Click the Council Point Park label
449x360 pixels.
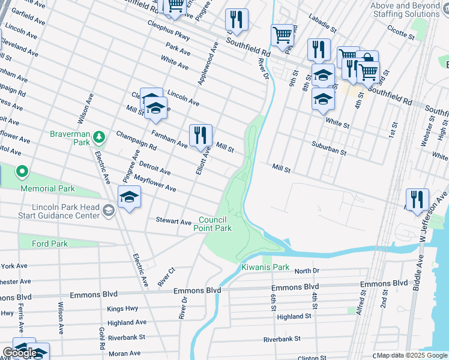pos(212,224)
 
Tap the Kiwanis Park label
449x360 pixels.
pos(265,267)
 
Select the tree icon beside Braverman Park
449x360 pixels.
pos(99,139)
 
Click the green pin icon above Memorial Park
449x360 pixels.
pos(22,173)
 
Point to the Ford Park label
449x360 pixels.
pos(50,244)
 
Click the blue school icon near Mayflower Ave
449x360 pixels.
pos(129,197)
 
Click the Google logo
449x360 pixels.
pos(19,353)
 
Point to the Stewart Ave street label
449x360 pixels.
pos(173,221)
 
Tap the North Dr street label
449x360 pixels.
pos(307,271)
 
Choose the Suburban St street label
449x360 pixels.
pos(328,149)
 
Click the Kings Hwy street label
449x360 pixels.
pos(122,308)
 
